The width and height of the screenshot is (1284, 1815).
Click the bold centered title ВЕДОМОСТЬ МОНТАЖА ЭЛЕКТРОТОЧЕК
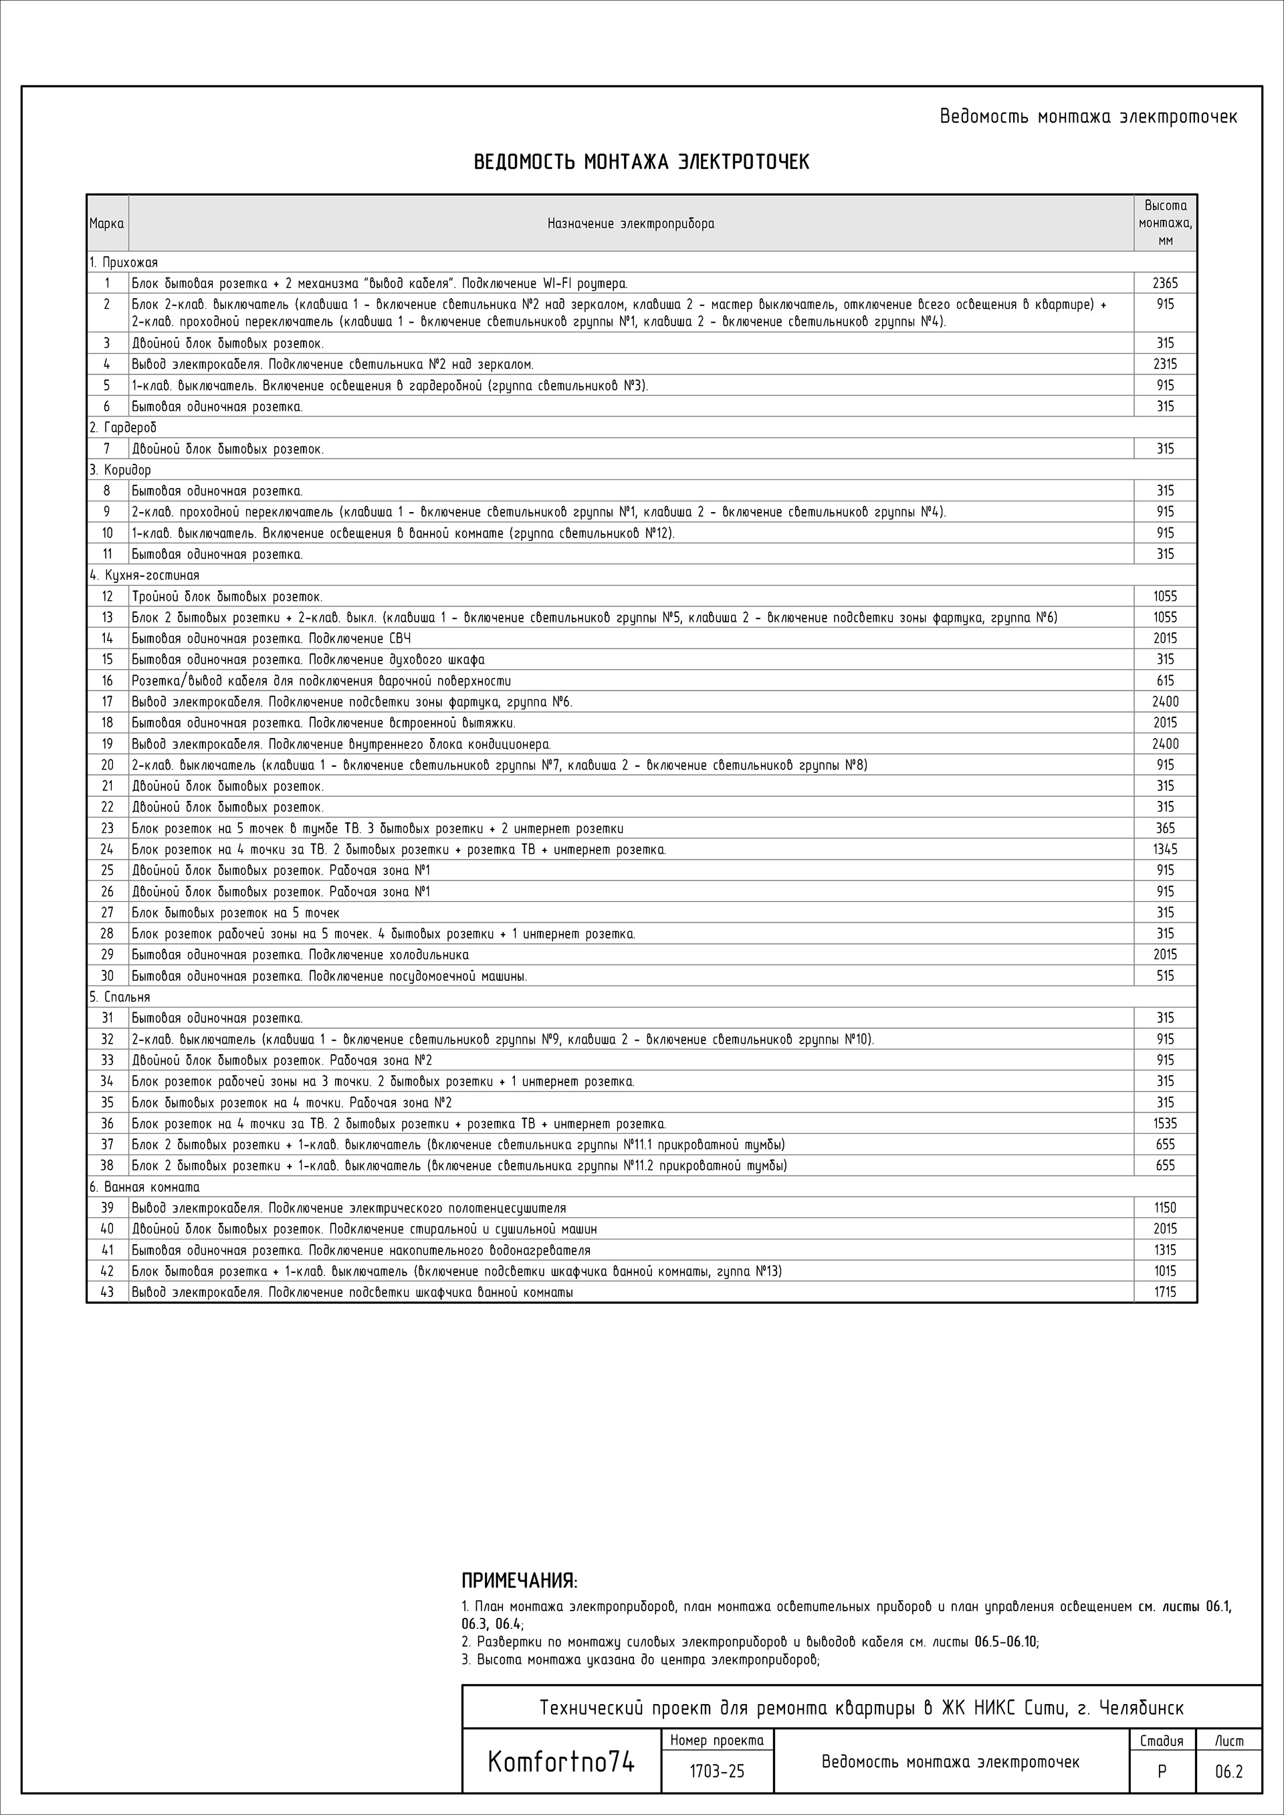tap(641, 163)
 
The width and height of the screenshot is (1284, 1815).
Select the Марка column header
tap(107, 224)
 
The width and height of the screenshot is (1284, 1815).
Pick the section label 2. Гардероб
tap(122, 428)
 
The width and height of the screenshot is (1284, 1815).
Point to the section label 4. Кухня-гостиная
tap(144, 576)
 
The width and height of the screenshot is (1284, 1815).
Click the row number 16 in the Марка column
tap(107, 681)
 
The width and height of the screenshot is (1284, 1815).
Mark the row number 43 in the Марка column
tap(107, 1292)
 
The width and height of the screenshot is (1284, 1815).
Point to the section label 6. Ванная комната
tap(144, 1187)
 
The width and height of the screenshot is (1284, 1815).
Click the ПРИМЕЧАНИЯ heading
tap(519, 1582)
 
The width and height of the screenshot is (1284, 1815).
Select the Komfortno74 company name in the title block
tap(560, 1763)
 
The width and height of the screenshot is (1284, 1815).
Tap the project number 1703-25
tap(716, 1772)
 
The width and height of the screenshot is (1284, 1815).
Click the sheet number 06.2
tap(1228, 1772)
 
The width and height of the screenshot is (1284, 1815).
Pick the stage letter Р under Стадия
tap(1161, 1772)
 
